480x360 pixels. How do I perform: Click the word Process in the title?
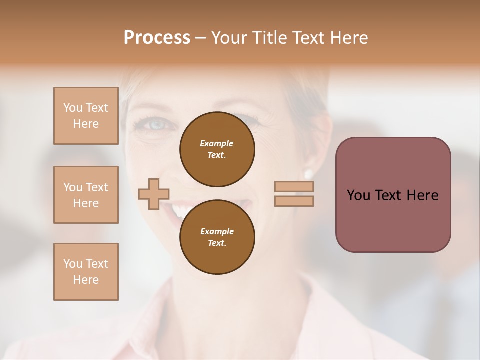pos(157,38)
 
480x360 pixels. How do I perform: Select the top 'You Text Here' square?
pos(86,116)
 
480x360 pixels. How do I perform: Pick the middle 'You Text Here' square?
pos(86,195)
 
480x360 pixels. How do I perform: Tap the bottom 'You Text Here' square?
pos(86,271)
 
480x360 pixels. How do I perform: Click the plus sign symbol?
pos(154,194)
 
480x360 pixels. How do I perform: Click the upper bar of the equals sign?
pos(294,186)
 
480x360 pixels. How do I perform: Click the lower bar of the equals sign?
pos(294,201)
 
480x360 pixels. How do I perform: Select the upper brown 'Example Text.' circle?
pos(217,149)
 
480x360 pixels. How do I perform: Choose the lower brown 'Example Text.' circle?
pos(217,237)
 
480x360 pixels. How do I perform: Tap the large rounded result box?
pos(393,195)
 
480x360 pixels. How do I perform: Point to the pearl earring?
pos(308,174)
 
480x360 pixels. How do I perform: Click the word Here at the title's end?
pos(348,38)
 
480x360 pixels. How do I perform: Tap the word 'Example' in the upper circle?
pos(217,143)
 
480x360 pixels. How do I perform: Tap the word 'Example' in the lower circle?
pos(217,231)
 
